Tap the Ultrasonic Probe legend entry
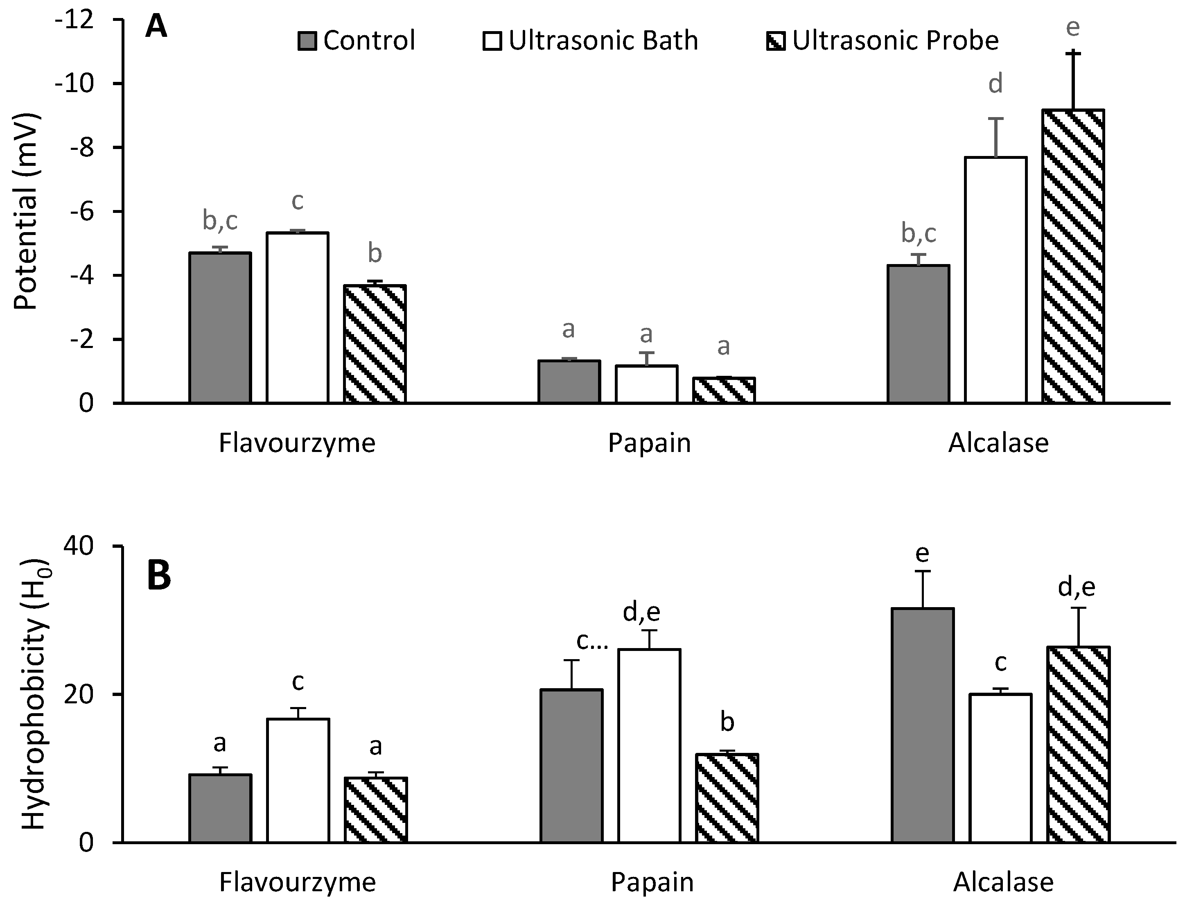coord(882,41)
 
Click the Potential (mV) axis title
coord(26,211)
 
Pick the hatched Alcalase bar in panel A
coord(1072,256)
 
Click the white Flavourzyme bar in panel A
coord(297,318)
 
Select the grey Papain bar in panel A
coord(569,382)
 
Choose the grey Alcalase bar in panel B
coord(923,725)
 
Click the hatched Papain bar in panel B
coord(727,798)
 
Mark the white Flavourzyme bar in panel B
coord(298,780)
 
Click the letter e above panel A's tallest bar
coord(1073,27)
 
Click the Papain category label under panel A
coord(649,443)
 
